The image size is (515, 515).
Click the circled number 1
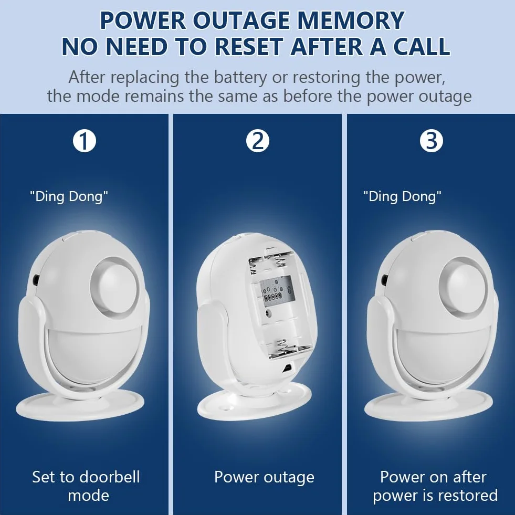coord(85,141)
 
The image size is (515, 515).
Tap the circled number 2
coord(258,141)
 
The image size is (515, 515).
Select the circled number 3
coord(431,141)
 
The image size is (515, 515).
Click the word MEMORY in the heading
coord(351,20)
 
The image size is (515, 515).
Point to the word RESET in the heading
coord(249,46)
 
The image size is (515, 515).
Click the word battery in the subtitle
coord(240,78)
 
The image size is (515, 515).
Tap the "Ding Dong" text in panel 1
coord(69,197)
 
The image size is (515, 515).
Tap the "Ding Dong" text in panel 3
coord(402,197)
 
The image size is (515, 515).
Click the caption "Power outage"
coord(264,478)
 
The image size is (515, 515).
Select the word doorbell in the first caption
coord(107,477)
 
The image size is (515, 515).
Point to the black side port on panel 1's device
coord(36,280)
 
